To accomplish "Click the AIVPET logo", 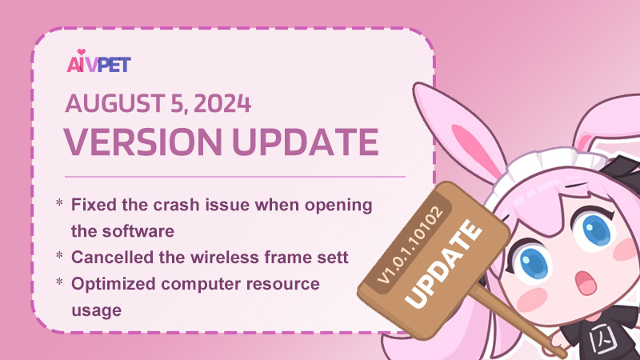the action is (98, 62).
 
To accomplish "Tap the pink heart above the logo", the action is (82, 52).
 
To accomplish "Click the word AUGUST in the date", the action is (109, 104).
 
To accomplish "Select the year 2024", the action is (222, 104).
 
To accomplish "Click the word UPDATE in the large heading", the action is (306, 142).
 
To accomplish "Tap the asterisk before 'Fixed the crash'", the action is (59, 203).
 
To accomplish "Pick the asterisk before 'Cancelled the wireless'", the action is (59, 256).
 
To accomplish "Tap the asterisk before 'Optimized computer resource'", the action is (59, 282).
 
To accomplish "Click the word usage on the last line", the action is (96, 311).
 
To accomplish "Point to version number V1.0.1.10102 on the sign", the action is (410, 245).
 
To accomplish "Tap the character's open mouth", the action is (584, 282).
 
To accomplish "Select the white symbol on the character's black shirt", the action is (604, 338).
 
